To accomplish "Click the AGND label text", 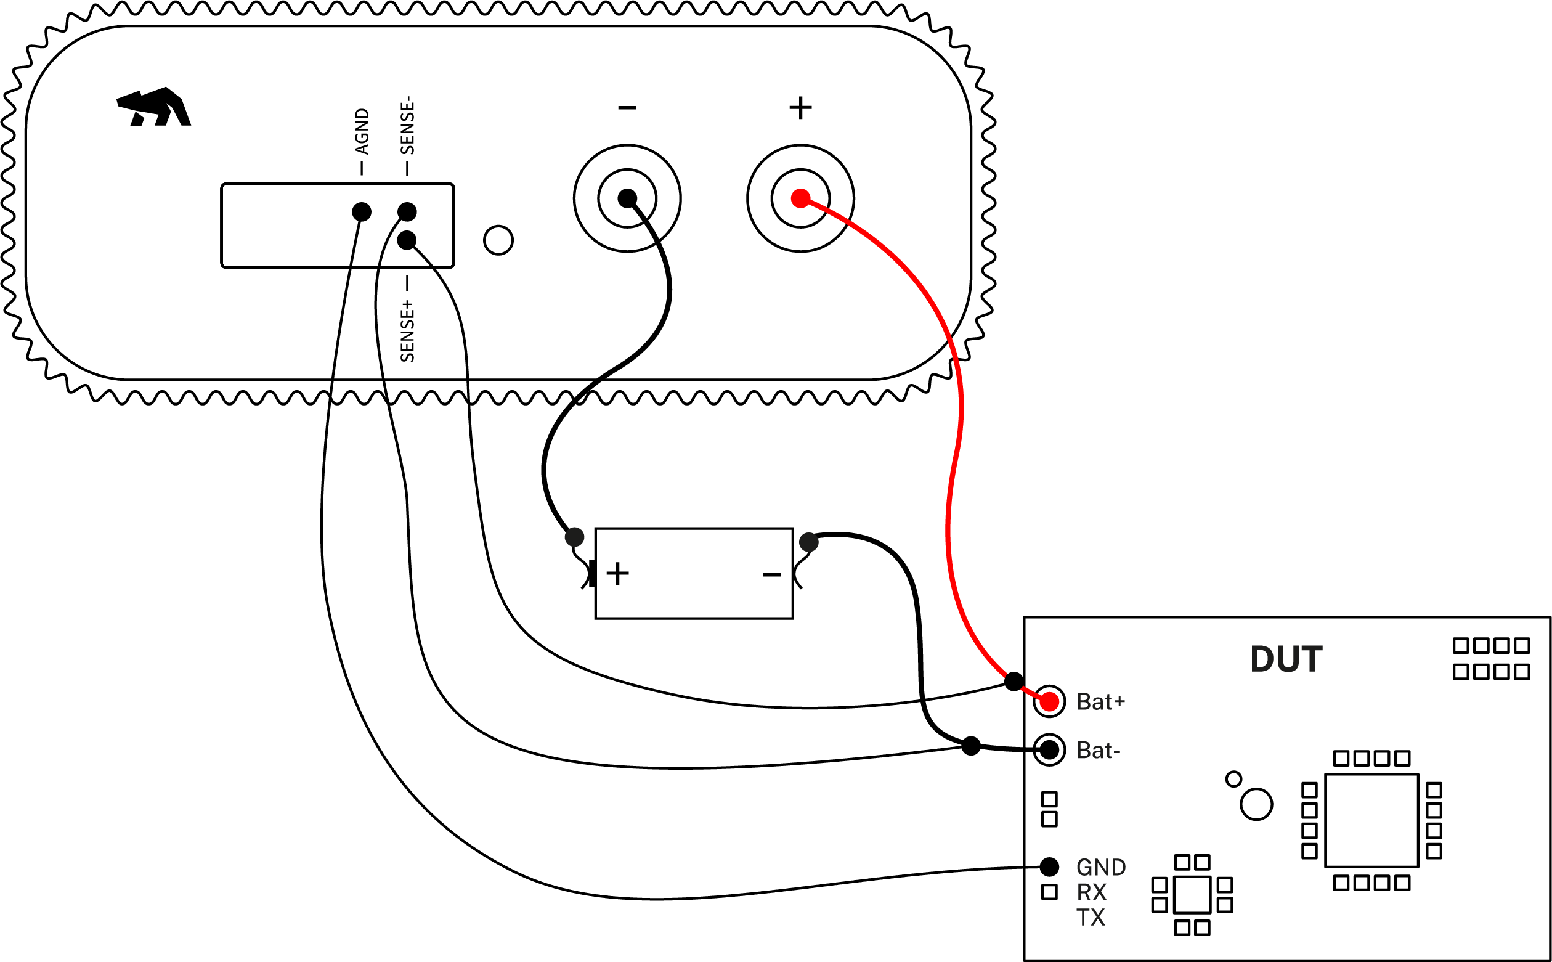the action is click(362, 131).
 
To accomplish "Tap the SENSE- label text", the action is click(407, 125).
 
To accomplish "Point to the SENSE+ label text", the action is click(407, 332).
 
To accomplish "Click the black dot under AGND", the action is click(361, 212).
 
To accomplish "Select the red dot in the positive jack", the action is click(800, 198).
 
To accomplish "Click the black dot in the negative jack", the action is click(627, 198).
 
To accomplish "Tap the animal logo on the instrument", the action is click(154, 107).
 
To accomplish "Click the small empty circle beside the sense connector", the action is click(498, 240).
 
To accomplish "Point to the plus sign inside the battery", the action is click(617, 574).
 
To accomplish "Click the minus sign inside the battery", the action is click(771, 575).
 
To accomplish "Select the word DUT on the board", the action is click(1286, 659).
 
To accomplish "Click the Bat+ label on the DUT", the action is click(1100, 702).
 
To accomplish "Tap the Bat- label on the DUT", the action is click(1099, 751).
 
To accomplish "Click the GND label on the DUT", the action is click(1101, 868).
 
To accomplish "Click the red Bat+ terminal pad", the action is click(1049, 702).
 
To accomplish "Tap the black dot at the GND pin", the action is click(1049, 866).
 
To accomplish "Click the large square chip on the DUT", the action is click(1372, 821).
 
